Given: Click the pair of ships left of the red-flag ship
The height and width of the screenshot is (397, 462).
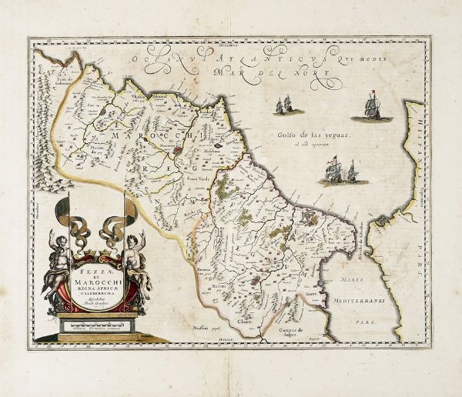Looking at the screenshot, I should (283, 105).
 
